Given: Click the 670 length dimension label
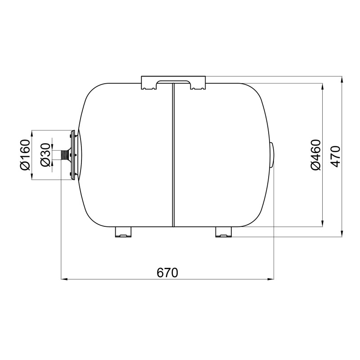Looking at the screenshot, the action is tap(167, 273).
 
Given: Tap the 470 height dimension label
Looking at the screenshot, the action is tap(336, 156).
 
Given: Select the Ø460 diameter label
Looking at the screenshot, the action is tap(316, 155).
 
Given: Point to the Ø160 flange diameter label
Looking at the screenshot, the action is tap(25, 155).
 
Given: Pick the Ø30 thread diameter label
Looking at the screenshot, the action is tap(45, 155).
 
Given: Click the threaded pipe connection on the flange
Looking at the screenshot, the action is tap(65, 155).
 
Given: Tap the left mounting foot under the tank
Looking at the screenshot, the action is tap(123, 232).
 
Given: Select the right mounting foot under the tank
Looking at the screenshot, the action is tap(224, 232).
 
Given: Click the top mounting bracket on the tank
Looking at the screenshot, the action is tap(173, 82).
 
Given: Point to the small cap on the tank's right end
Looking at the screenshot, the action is tap(273, 155).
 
